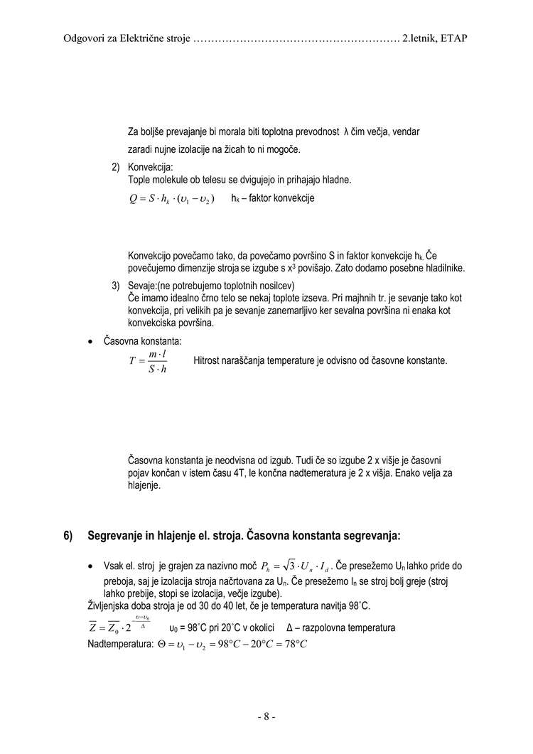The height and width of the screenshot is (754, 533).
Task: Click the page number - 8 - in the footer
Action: click(x=266, y=716)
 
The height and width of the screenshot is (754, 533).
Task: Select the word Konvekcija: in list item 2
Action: click(x=146, y=168)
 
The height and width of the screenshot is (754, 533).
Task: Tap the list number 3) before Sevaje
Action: click(x=115, y=285)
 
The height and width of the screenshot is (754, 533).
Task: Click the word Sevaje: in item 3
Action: click(x=142, y=285)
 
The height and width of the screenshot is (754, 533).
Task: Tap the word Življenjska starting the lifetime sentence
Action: click(x=107, y=605)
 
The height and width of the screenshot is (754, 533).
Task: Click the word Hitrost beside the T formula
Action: click(x=208, y=360)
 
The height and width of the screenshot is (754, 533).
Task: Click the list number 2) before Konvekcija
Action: click(x=115, y=168)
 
